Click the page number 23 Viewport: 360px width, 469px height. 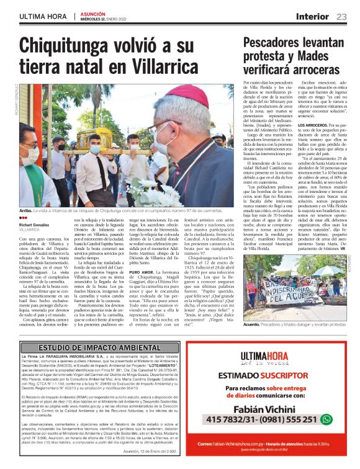(x=341, y=17)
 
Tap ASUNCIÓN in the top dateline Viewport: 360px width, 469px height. (x=94, y=13)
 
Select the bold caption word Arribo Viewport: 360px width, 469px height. (x=25, y=192)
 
